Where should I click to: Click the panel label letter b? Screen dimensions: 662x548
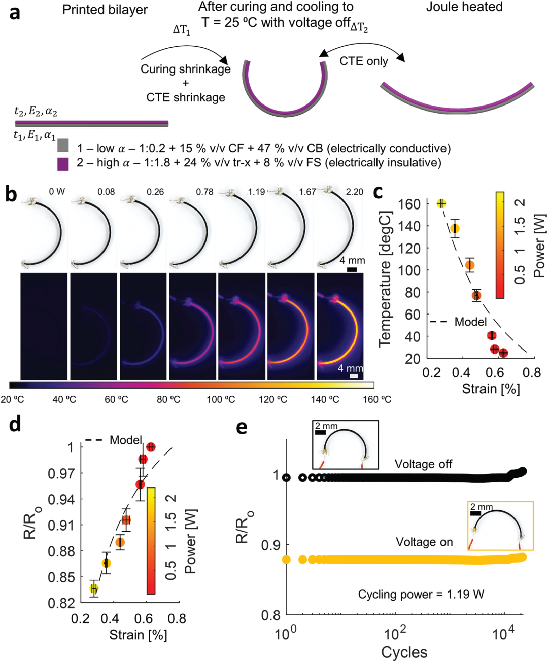tap(11, 194)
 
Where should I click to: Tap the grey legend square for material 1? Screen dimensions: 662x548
tap(63, 146)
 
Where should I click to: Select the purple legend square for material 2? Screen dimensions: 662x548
tap(63, 164)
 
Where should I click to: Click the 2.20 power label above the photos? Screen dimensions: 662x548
tap(354, 192)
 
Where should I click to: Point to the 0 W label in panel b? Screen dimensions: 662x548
tap(57, 192)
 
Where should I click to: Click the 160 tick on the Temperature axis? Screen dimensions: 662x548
tap(409, 204)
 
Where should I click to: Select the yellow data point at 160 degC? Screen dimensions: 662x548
tap(441, 203)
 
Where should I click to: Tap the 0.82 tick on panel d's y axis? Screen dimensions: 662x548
tap(61, 603)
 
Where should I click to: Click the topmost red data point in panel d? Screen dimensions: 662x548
tap(151, 447)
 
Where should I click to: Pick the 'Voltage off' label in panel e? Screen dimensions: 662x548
tap(423, 464)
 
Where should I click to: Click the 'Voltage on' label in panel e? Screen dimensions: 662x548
tap(424, 542)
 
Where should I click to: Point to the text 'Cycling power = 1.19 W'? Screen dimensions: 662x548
tap(421, 594)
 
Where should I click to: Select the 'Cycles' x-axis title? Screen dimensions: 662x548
tap(404, 652)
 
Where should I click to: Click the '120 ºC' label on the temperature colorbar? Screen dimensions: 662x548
tap(273, 400)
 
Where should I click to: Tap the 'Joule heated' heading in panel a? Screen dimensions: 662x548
tap(464, 7)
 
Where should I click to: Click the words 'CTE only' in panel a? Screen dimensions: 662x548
tap(364, 61)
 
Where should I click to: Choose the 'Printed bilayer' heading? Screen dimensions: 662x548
tap(105, 10)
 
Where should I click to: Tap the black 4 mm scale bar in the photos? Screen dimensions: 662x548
tap(352, 269)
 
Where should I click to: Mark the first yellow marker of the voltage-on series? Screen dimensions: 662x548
tap(286, 560)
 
